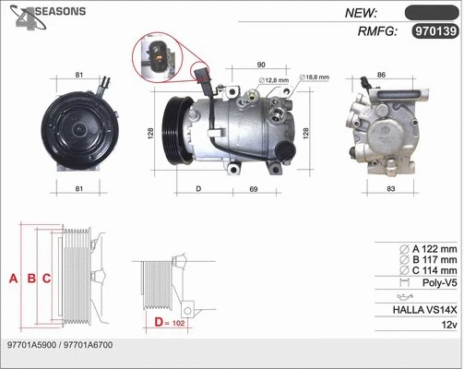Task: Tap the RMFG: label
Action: point(376,31)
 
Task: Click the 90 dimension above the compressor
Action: point(261,65)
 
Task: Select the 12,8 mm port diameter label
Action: point(274,80)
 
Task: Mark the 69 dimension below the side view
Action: point(252,189)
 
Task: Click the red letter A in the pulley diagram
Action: point(12,278)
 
